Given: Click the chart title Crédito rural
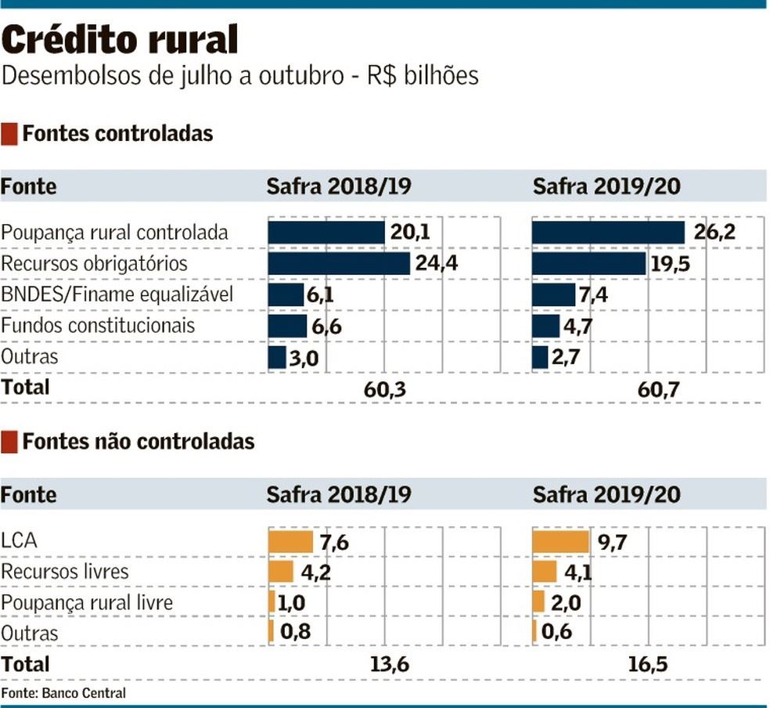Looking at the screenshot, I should pos(121,39).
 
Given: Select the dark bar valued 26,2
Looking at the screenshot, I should pos(608,233).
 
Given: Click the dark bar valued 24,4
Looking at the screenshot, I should pos(339,263).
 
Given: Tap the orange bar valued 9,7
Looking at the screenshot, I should pos(560,541).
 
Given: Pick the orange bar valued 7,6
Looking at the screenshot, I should pos(290,541).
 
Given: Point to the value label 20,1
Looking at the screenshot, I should pos(411,232).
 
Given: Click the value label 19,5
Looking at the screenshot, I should pos(670,263).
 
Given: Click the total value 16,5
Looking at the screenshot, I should pos(648,664).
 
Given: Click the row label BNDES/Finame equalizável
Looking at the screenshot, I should pos(117,294).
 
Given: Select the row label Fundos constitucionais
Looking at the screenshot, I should pos(98,325).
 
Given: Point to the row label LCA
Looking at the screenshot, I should pos(20,540).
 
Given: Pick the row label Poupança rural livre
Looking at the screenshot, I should pos(87,602).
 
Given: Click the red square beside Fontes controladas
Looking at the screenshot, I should pos(9,134).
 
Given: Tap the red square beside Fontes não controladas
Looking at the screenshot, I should pos(9,442).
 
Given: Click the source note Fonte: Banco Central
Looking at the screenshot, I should pos(63,693).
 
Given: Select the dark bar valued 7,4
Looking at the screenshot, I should pos(553,294).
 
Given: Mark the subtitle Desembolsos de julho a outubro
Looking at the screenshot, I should pos(172,76).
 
